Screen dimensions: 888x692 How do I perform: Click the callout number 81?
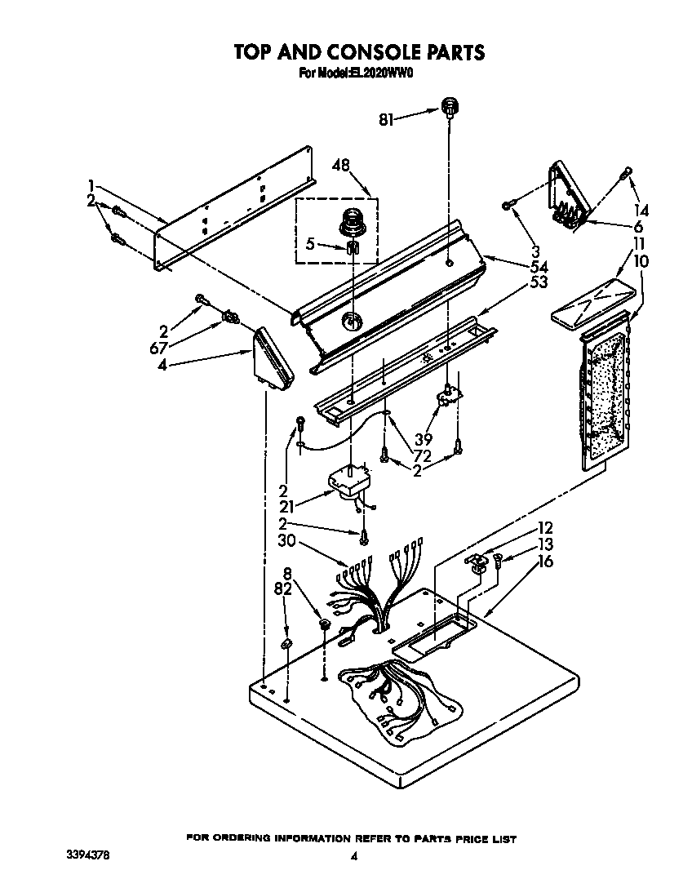point(386,119)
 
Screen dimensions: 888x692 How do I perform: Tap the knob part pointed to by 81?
point(448,105)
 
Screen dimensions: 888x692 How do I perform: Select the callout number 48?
point(341,165)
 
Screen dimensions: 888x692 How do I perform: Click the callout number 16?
point(545,562)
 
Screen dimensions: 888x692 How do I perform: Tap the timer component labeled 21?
point(350,481)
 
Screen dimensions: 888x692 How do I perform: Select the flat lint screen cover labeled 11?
point(593,301)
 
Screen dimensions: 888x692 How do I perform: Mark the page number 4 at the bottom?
point(353,856)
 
